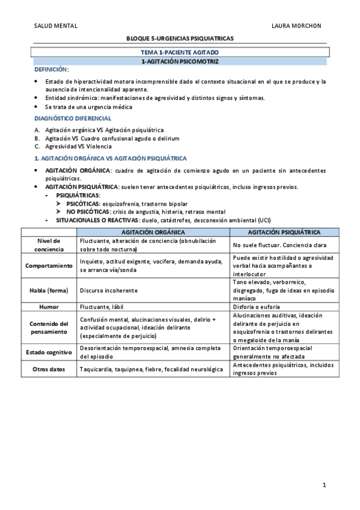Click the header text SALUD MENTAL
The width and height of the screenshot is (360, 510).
click(55, 26)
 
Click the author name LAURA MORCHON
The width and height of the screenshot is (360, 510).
click(296, 26)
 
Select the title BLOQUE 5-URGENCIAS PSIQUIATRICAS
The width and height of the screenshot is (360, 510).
click(180, 38)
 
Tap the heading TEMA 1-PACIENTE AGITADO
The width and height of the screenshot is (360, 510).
click(180, 53)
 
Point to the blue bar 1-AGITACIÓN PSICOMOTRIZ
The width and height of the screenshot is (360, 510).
click(180, 61)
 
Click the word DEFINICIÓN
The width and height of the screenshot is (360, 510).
click(50, 70)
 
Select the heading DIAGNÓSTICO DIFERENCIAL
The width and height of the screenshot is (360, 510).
click(73, 118)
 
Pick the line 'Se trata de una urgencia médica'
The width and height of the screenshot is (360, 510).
click(88, 106)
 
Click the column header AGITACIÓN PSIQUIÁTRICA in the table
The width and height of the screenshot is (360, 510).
click(284, 232)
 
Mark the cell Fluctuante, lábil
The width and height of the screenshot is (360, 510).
click(103, 307)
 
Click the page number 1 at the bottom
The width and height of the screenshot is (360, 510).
click(323, 485)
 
